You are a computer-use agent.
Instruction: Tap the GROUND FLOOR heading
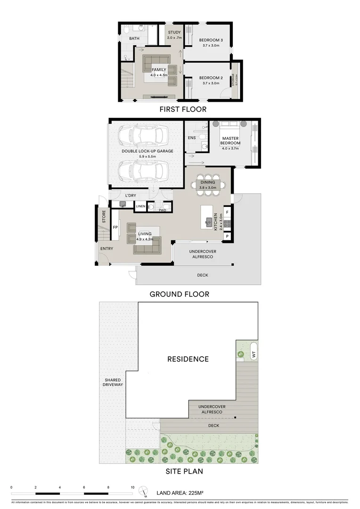(179, 294)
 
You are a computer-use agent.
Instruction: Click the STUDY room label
(174, 33)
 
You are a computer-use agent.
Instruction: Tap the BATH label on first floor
(134, 39)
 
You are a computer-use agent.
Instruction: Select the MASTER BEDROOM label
(231, 140)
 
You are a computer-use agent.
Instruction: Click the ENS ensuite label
(191, 138)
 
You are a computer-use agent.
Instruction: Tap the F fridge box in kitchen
(227, 212)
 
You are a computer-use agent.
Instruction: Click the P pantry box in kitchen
(227, 236)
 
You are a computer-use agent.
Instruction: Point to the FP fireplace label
(115, 227)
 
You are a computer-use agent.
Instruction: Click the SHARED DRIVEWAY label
(113, 382)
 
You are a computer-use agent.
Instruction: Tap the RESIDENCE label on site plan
(188, 359)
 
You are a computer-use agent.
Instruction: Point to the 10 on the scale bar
(132, 487)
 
